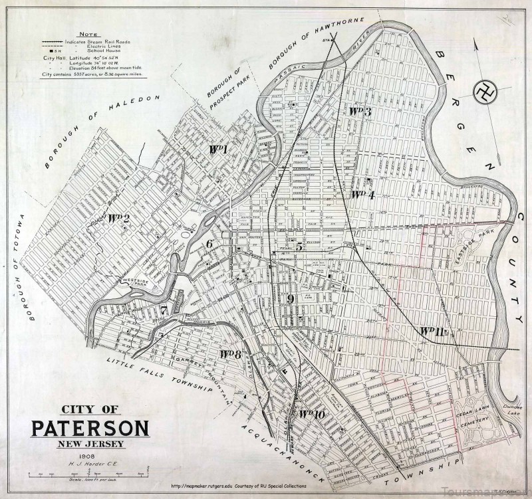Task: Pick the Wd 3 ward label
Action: coord(360,111)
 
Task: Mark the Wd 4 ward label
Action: coord(363,195)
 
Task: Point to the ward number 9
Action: coord(290,299)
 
